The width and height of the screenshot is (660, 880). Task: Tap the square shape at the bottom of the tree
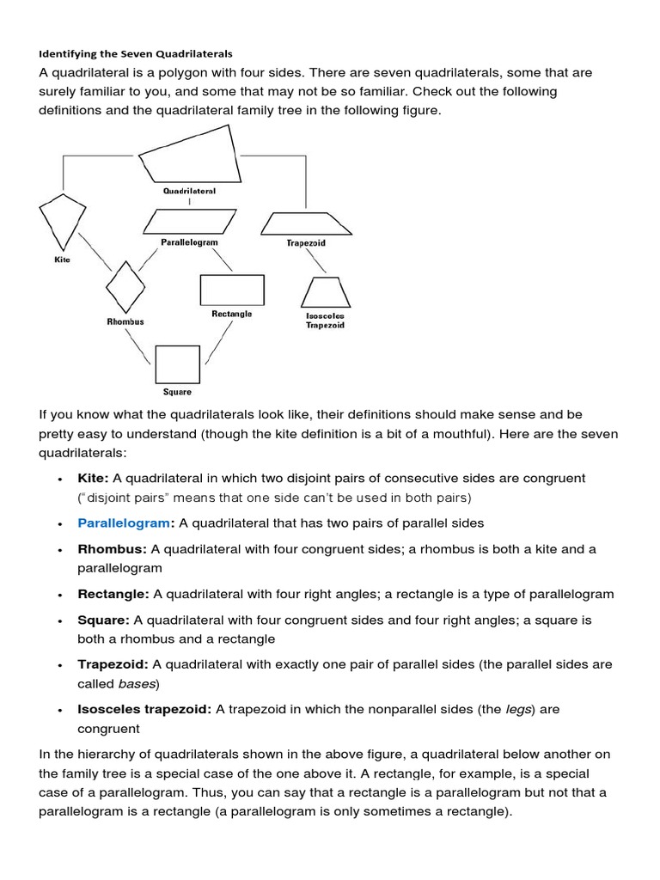[x=177, y=364]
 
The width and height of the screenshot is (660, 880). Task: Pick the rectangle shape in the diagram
[x=231, y=290]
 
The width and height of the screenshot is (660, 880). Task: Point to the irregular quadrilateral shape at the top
[x=191, y=155]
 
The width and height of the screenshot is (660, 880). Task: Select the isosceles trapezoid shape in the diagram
[x=326, y=292]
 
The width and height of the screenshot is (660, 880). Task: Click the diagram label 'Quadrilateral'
[x=189, y=190]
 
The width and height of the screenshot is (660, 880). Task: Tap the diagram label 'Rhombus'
[x=125, y=321]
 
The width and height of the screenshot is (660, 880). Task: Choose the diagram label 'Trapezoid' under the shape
[x=306, y=243]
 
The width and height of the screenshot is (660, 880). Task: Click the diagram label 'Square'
[x=177, y=392]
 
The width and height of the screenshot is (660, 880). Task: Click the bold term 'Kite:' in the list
[x=93, y=478]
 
